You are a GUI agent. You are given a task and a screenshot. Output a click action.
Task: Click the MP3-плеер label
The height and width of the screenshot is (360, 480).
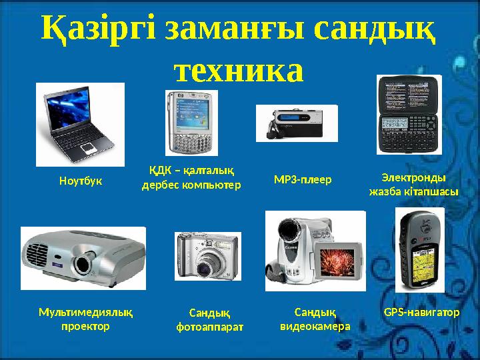[x=303, y=179]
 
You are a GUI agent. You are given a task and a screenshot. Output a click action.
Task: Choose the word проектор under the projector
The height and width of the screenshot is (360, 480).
[x=85, y=327]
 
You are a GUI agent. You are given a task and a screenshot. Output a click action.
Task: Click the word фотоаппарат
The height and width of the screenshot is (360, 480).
[x=210, y=327]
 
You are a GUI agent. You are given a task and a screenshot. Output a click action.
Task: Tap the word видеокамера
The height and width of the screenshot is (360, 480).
[x=315, y=326]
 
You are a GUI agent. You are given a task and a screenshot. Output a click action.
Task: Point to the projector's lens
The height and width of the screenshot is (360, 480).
[x=83, y=263]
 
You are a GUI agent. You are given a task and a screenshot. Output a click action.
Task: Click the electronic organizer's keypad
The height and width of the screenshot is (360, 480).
[x=407, y=129]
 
